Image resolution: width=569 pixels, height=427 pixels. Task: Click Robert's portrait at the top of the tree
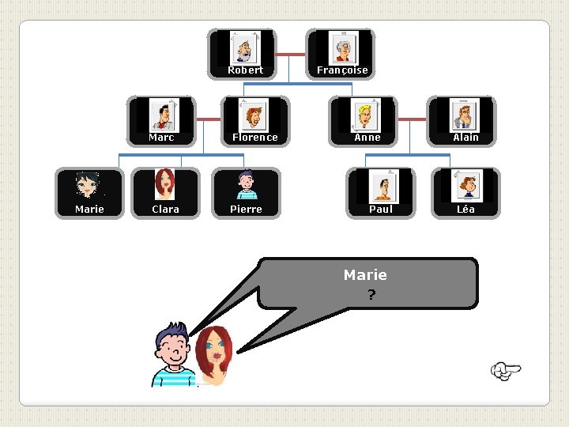tap(244, 47)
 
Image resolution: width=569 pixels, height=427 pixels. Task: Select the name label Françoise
tap(342, 70)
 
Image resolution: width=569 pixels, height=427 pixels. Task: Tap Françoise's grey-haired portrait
tap(343, 47)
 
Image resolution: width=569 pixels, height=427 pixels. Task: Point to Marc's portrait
tap(164, 115)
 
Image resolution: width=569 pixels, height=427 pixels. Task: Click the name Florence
tap(255, 138)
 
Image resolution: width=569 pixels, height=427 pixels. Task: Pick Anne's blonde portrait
tap(365, 115)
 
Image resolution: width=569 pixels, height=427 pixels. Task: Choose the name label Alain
tap(465, 138)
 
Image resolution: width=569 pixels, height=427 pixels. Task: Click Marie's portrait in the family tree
tap(87, 185)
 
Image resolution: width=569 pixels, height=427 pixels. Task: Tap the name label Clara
tap(165, 210)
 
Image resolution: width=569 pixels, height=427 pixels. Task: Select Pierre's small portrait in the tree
tap(246, 185)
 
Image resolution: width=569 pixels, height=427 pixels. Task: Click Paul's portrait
tap(383, 187)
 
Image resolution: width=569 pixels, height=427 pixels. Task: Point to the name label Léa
tap(465, 210)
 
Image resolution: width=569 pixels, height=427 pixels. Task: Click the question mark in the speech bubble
tap(371, 296)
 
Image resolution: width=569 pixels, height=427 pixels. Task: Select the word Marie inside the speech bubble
tap(365, 275)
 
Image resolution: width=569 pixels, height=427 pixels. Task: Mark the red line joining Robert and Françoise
tap(292, 54)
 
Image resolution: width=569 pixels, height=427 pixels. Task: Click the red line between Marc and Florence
tap(208, 119)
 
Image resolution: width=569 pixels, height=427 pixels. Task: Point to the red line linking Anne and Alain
tap(412, 119)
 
